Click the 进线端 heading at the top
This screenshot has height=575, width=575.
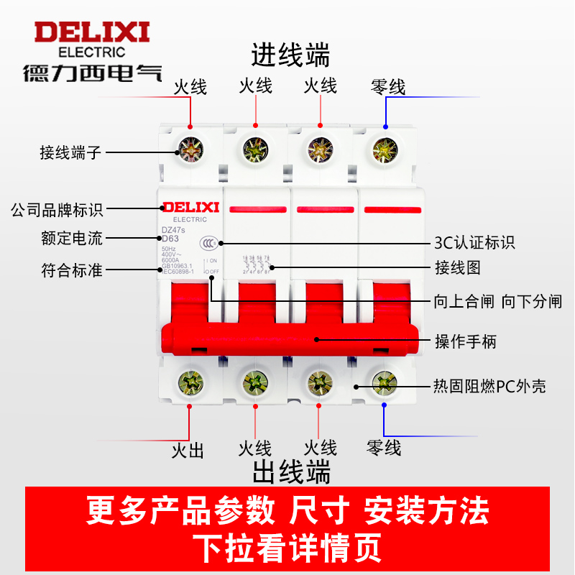(290, 55)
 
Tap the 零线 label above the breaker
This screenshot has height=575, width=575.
(388, 87)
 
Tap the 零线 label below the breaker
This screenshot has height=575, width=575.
(384, 448)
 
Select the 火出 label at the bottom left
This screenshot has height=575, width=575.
(188, 451)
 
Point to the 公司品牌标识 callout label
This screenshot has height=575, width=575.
(57, 210)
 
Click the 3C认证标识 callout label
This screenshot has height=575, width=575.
(475, 242)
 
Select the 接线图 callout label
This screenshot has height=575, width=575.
(457, 268)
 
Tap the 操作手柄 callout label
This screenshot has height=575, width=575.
(465, 341)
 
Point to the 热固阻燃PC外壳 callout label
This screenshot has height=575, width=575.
(489, 386)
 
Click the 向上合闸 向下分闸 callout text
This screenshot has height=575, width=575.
(497, 301)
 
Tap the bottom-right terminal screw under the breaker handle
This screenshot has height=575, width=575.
(384, 380)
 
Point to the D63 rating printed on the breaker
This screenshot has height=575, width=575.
(170, 239)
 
